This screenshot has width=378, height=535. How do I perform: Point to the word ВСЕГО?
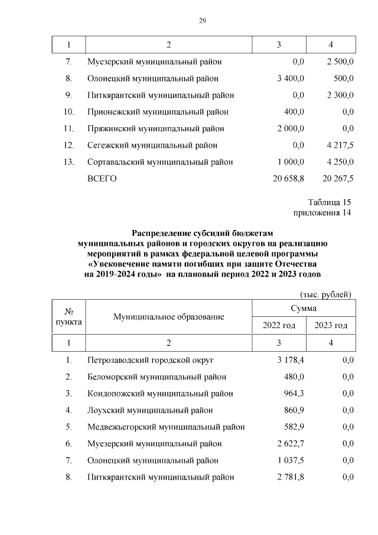(102, 179)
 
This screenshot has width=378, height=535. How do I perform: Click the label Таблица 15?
(330, 202)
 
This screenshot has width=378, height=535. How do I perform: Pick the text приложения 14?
(322, 212)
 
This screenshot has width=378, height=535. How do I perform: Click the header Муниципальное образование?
(169, 317)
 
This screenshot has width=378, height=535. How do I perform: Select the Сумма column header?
(304, 309)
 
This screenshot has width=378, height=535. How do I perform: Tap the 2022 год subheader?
(279, 325)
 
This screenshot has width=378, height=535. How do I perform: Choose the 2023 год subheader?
(331, 325)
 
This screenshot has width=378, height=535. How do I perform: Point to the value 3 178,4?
(291, 360)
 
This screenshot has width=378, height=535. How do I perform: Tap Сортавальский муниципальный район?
(159, 162)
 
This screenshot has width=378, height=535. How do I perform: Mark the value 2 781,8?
(291, 476)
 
